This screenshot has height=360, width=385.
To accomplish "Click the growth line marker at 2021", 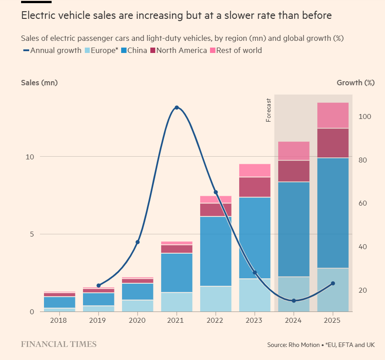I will coord(176,108).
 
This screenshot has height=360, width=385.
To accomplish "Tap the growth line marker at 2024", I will coord(293,301).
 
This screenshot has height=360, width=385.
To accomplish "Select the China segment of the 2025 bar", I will coord(332,213).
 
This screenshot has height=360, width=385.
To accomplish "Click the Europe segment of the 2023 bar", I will coord(254,295).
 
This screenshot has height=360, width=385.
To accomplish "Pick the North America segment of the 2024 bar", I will coord(293,171).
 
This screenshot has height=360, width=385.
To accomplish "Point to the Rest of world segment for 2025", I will coord(332,115).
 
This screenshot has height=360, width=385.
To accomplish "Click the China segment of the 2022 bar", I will coord(215,251).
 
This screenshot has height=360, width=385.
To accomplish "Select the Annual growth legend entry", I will coord(52,50).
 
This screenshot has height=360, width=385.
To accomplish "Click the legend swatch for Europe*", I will coord(87,50).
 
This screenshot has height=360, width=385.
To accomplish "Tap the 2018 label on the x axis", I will coord(59,320).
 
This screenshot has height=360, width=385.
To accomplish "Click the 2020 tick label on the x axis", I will coord(137,320).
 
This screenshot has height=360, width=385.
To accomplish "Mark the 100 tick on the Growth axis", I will coord(365,117).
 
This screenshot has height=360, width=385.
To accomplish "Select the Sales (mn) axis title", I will coord(39,82).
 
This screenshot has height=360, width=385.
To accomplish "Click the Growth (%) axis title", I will coord(355,82).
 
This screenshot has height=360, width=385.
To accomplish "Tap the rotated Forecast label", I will coord(269,110).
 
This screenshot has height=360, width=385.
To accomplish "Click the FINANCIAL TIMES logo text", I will coord(59,344).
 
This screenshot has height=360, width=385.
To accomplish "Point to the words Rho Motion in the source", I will coord(303,345).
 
